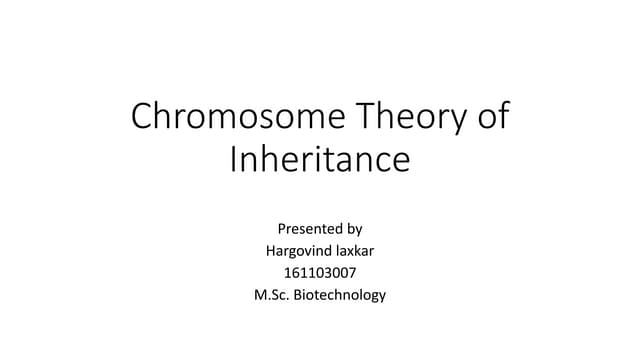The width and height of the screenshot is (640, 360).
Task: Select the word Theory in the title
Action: pyautogui.click(x=412, y=120)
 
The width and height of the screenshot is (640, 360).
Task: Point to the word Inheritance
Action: pyautogui.click(x=320, y=160)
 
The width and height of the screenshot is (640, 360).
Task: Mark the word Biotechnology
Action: pyautogui.click(x=343, y=295)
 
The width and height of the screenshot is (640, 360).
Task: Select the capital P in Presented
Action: pyautogui.click(x=282, y=229)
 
